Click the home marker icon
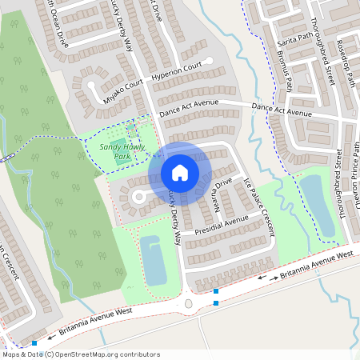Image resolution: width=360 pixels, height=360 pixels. coord(180,172)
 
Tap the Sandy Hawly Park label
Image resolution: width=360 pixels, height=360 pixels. coord(114,152)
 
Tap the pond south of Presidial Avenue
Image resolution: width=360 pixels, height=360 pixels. coord(154,259)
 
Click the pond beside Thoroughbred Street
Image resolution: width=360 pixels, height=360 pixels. coord(317,204)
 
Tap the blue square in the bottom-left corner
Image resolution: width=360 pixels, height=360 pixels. coord(34,344)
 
